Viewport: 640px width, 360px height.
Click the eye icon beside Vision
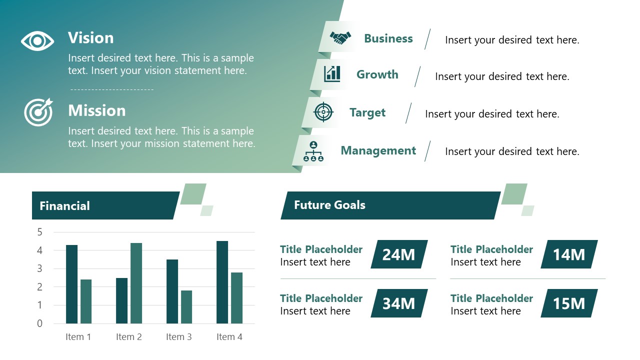pos(37,41)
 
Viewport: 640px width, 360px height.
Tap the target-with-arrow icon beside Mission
pos(38,112)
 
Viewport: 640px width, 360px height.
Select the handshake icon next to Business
pos(340,38)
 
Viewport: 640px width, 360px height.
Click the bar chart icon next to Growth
pos(332,74)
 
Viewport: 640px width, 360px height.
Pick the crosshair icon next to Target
pos(323,112)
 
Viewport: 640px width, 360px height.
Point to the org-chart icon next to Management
pos(313,151)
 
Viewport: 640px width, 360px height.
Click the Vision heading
pos(91,38)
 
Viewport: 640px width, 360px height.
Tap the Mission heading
pos(97,110)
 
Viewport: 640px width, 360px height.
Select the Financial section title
pos(65,206)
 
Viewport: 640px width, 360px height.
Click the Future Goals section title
pos(329,205)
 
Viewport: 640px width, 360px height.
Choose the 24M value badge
pos(398,254)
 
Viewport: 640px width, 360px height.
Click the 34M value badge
pos(398,303)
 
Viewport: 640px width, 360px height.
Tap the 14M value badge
pos(568,254)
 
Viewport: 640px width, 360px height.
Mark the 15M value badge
pos(568,303)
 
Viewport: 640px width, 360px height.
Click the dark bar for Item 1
pos(71,284)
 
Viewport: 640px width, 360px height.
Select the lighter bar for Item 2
pos(136,283)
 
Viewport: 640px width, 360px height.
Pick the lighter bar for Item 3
pos(186,306)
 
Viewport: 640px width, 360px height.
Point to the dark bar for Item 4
pos(222,282)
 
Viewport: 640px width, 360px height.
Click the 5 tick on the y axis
pos(40,232)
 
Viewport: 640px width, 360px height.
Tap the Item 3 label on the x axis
pos(179,337)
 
